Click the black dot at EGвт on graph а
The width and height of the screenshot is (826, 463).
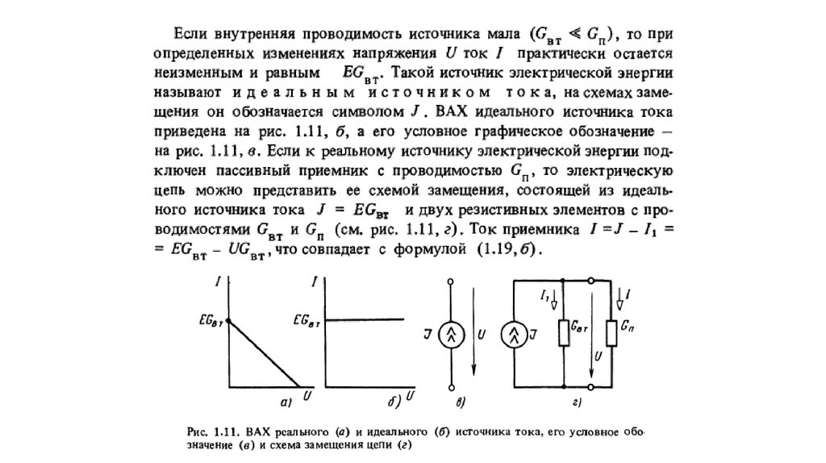pos(230,321)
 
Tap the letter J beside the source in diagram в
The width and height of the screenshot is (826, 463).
pos(429,333)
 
